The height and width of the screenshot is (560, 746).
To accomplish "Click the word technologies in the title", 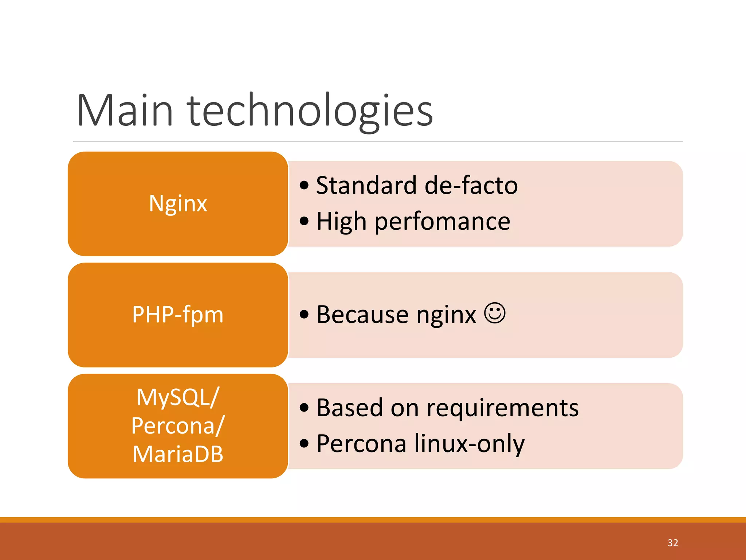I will coord(310,110).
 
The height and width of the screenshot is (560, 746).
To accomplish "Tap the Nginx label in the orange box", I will coord(178,203).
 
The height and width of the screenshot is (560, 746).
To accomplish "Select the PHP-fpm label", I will coord(178,314).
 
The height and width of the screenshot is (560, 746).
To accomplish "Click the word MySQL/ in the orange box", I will coord(178,397).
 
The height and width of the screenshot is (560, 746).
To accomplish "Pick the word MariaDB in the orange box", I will coord(178,454).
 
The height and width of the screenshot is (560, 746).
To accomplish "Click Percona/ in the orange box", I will coord(178,425).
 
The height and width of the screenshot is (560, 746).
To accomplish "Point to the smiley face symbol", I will coord(495,313).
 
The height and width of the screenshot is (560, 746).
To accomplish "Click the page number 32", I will coord(672,543).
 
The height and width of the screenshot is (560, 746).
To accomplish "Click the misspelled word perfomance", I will coord(442,221).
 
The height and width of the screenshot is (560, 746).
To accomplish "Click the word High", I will coord(341,221).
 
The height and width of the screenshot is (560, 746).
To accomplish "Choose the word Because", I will coord(362,314).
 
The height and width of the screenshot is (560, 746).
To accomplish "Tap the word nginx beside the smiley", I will coord(446,315).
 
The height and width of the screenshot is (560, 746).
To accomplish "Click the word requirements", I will coord(503,408).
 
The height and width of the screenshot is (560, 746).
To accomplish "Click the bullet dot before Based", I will coord(304,408).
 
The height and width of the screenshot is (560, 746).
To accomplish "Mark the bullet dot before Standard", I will coord(304,185).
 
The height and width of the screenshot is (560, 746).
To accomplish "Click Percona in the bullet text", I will coord(361,444).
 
